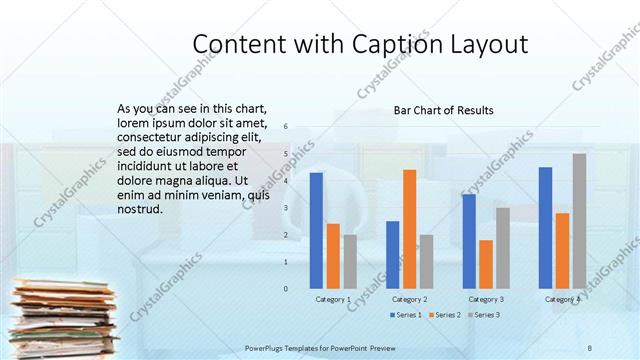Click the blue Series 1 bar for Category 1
tap(316, 230)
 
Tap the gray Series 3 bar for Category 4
tap(579, 221)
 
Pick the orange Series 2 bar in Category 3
tap(486, 264)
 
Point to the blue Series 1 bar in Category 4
tap(545, 227)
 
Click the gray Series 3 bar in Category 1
tap(350, 261)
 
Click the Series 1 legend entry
tap(405, 315)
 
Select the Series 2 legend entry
tap(445, 315)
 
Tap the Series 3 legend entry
tap(485, 315)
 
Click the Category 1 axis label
tap(333, 299)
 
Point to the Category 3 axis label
tap(486, 299)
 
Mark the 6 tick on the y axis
tap(286, 127)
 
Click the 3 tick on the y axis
tap(286, 208)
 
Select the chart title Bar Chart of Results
tap(443, 110)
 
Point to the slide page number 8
tap(590, 347)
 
